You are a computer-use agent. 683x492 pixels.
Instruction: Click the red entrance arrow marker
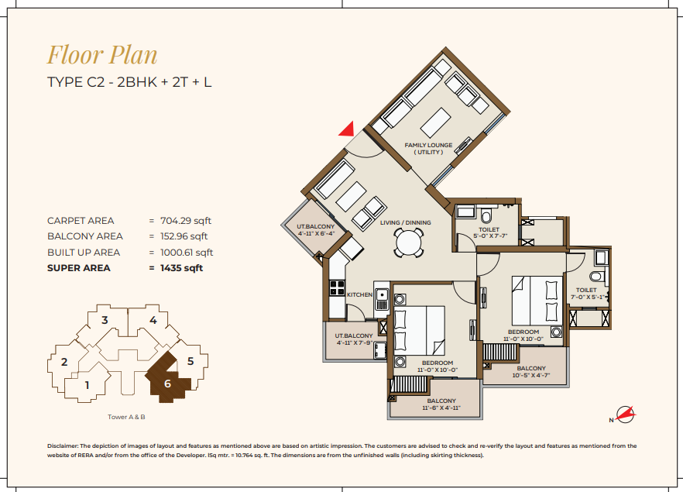[x=348, y=129]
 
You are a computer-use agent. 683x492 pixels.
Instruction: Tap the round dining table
[x=409, y=243]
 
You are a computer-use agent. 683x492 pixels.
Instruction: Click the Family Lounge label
[x=429, y=149]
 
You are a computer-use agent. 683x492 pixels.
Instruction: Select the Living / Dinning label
[x=406, y=222]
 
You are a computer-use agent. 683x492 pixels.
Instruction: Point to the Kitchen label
[x=359, y=295]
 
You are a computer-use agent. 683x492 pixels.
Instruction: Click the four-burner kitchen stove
[x=337, y=288]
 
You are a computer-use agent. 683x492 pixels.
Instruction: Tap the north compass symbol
[x=624, y=415]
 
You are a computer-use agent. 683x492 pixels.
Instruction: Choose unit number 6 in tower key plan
[x=167, y=384]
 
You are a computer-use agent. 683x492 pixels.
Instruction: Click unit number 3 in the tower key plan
[x=105, y=320]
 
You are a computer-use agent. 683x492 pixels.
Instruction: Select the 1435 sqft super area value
[x=182, y=268]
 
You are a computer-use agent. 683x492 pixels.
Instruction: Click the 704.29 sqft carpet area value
[x=186, y=221]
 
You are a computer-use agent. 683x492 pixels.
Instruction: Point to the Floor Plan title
[x=102, y=55]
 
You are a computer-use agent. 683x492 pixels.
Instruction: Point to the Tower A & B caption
[x=126, y=417]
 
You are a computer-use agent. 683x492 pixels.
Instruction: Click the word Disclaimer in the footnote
[x=63, y=446]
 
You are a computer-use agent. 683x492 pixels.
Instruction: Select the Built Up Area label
[x=84, y=253]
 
